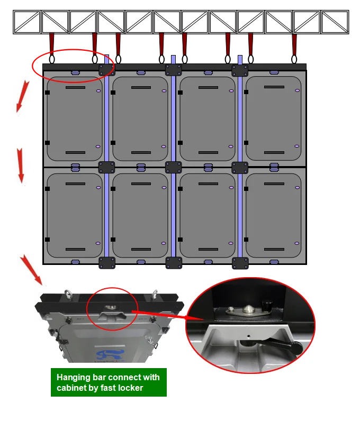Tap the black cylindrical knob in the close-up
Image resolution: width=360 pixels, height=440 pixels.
click(x=267, y=306)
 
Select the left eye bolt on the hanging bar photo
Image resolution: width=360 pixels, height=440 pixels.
click(x=68, y=295)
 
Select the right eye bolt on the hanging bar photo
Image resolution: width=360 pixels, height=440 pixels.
click(x=155, y=294)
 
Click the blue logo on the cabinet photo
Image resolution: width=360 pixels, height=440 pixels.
click(x=110, y=355)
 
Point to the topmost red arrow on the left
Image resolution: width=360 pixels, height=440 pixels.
click(x=22, y=96)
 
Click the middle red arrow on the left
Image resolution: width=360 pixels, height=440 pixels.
click(x=20, y=166)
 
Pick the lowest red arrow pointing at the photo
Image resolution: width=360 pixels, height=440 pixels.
click(x=31, y=270)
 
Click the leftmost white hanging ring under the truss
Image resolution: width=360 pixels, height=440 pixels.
click(x=52, y=59)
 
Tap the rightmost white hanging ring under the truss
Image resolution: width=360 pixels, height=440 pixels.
click(x=294, y=59)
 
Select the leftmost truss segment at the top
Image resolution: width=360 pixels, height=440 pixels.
click(x=27, y=22)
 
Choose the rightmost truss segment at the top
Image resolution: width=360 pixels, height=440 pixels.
click(x=335, y=22)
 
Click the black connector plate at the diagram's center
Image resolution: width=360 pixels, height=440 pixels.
click(x=173, y=167)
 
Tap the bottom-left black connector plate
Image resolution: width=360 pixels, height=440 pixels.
click(x=107, y=263)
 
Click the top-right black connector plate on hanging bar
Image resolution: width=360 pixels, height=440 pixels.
click(x=240, y=70)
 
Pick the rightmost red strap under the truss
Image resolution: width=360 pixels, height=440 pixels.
click(x=294, y=44)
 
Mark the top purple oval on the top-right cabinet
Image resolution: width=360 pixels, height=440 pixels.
click(x=297, y=90)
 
